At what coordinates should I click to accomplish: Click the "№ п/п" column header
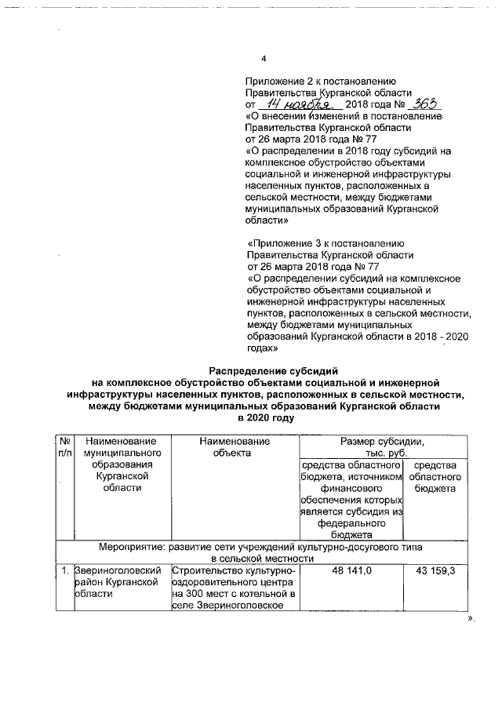click(x=64, y=448)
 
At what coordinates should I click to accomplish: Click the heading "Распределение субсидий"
click(x=271, y=370)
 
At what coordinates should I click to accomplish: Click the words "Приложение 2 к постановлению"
click(x=314, y=81)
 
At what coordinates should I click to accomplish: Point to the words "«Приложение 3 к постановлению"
click(x=325, y=243)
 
